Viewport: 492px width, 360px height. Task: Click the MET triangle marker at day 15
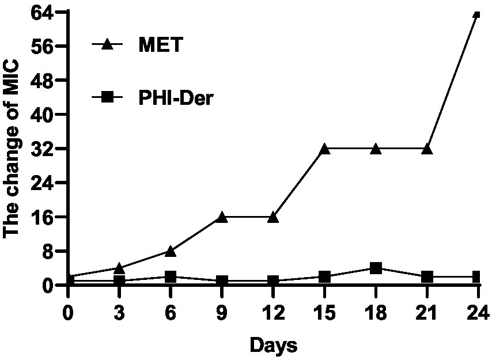[x=324, y=149]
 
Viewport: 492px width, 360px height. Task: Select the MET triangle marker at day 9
[x=222, y=217]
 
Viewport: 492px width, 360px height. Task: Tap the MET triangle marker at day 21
[x=427, y=149]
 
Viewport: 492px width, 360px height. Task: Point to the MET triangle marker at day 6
[x=171, y=251]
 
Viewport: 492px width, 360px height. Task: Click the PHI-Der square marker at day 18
[x=376, y=268]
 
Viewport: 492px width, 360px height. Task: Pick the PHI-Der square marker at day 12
[x=273, y=281]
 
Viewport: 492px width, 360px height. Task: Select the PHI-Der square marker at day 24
[x=477, y=277]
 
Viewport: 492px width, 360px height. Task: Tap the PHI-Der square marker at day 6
[x=171, y=277]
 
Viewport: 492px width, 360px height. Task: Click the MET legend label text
[x=160, y=44]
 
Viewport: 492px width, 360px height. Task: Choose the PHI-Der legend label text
[x=176, y=98]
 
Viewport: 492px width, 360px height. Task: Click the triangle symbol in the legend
[x=108, y=44]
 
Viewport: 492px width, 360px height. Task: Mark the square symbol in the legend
[x=108, y=98]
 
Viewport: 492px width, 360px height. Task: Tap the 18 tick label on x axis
[x=376, y=314]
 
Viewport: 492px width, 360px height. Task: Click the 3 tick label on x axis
[x=119, y=314]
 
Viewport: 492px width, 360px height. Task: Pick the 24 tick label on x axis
[x=478, y=314]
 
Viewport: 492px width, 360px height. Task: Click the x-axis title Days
[x=273, y=346]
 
